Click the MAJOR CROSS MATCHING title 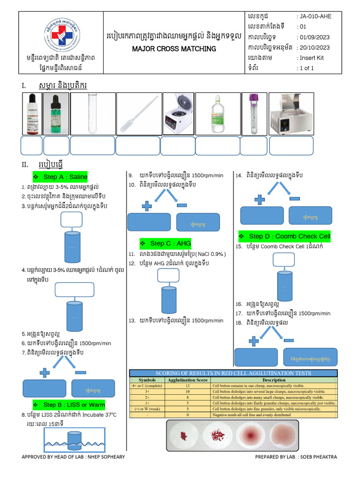[174, 49]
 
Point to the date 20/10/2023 [315, 47]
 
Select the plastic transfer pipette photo [138, 113]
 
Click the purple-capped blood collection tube [254, 113]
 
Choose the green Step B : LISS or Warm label [74, 404]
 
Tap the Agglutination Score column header [187, 380]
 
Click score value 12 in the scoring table [187, 385]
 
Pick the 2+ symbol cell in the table [147, 397]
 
